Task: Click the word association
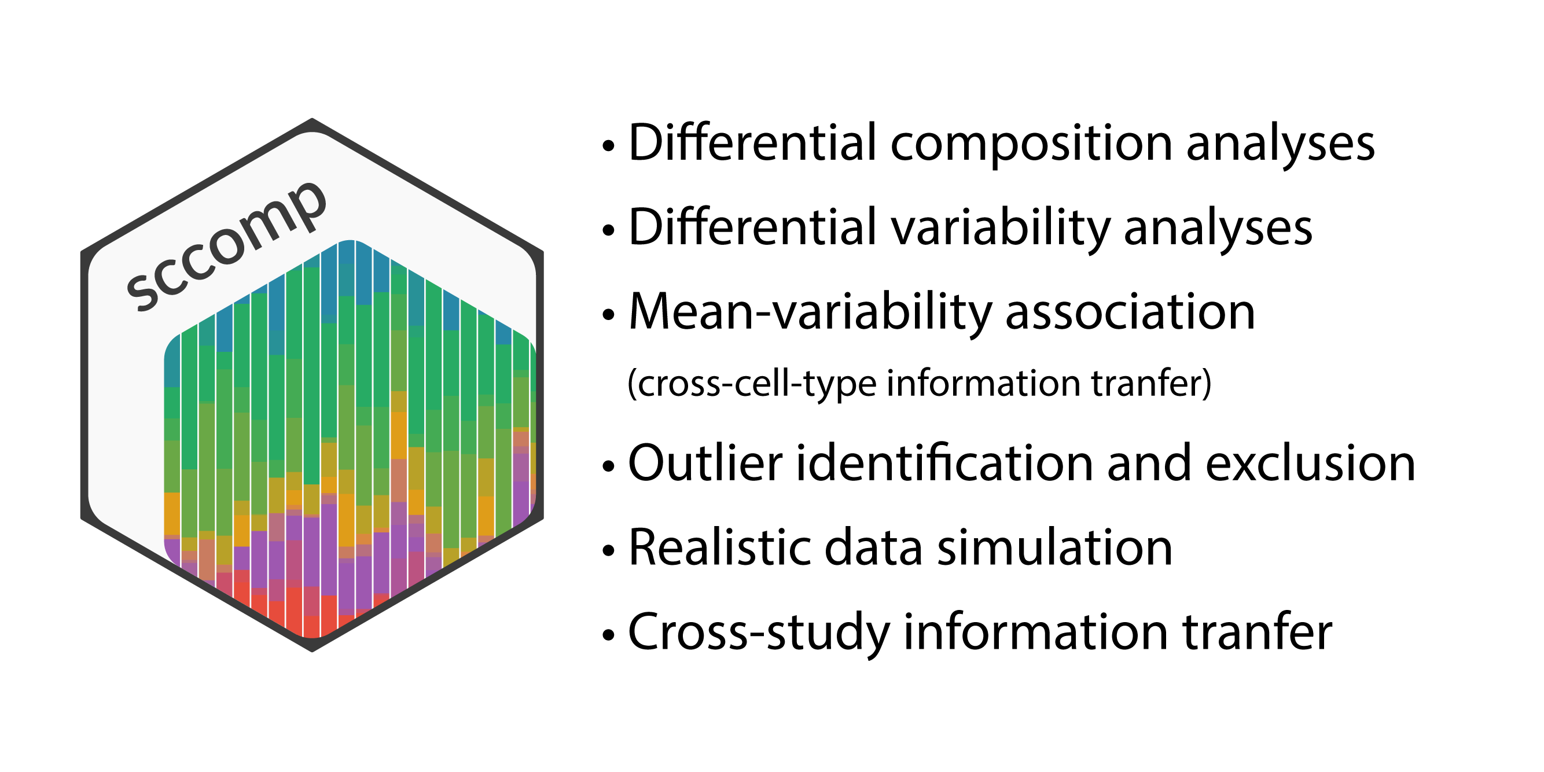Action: pyautogui.click(x=1130, y=311)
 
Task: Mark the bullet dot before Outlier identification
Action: pyautogui.click(x=609, y=466)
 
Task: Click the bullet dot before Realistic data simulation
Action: pyautogui.click(x=609, y=550)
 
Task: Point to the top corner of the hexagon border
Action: pyautogui.click(x=313, y=119)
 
